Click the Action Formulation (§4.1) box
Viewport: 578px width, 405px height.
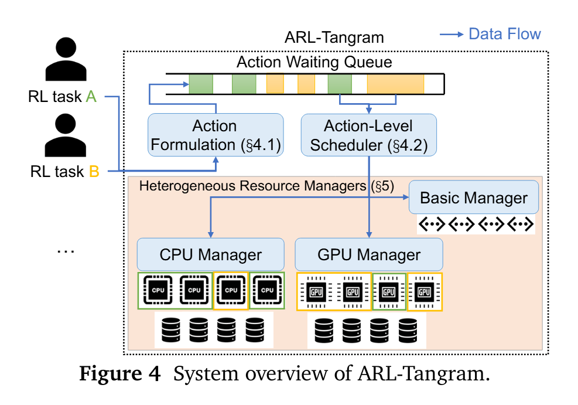tap(216, 135)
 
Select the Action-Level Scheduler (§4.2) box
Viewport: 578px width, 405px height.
tap(368, 135)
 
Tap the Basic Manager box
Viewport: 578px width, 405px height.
tap(473, 198)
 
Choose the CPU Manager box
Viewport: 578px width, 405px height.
tap(210, 254)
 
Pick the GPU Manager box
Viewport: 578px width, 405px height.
tap(368, 254)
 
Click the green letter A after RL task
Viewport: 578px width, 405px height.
tap(91, 97)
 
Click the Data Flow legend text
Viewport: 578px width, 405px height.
tap(504, 33)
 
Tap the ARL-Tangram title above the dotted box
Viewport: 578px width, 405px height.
tap(334, 38)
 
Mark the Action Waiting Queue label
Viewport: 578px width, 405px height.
tap(314, 62)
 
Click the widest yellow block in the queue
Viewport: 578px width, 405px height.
tap(395, 84)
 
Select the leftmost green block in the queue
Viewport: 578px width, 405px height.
tap(201, 84)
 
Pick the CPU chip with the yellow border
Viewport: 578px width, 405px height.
tap(231, 290)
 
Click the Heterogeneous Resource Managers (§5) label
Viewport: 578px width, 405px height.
tap(266, 186)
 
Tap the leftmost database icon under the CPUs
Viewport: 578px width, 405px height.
tap(170, 330)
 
